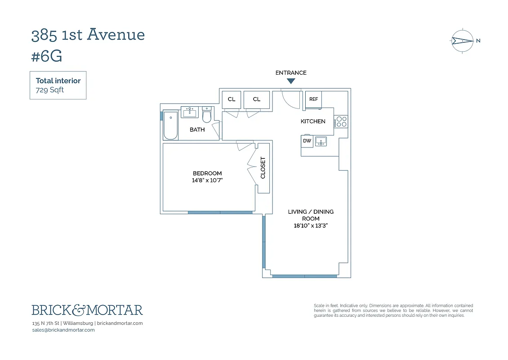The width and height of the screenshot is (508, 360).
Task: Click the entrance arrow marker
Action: (x=291, y=81)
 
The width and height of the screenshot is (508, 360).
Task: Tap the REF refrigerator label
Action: (x=313, y=99)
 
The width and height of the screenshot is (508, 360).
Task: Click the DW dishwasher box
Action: (x=307, y=141)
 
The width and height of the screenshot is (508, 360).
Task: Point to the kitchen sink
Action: (x=321, y=141)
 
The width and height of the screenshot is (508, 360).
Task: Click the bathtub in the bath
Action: (x=171, y=126)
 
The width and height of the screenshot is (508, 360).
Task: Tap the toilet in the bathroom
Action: (x=207, y=116)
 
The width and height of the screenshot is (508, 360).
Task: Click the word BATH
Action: (x=197, y=130)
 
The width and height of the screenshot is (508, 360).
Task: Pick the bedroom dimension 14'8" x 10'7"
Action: (x=207, y=180)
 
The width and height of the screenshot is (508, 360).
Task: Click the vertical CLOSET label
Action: (x=263, y=167)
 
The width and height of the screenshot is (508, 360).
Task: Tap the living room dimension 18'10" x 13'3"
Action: (x=311, y=226)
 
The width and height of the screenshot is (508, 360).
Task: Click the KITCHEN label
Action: (x=313, y=121)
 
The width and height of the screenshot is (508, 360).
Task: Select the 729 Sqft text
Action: (x=50, y=90)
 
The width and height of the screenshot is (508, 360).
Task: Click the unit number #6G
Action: (x=47, y=57)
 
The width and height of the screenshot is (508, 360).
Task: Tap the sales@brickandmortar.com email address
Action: (x=63, y=330)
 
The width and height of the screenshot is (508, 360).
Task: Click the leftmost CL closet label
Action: (x=232, y=99)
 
